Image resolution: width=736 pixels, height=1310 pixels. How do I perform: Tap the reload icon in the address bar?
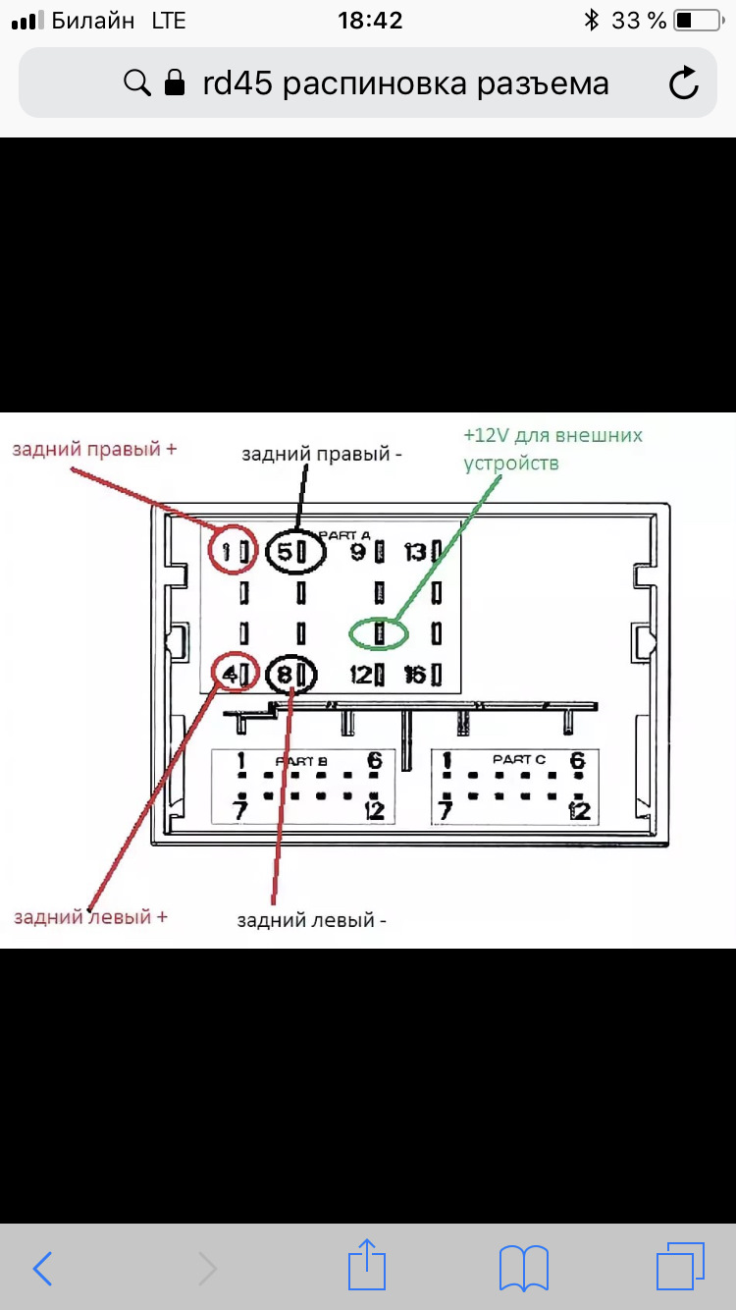684,83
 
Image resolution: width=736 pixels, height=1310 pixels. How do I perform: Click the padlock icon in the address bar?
175,82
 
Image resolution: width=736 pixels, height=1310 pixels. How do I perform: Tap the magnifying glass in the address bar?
136,82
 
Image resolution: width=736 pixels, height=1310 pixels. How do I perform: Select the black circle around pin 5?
291,552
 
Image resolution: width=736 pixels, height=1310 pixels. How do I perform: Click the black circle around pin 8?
291,675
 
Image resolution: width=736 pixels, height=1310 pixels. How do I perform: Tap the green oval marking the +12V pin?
379,633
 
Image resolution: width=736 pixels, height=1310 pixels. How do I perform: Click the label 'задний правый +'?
94,449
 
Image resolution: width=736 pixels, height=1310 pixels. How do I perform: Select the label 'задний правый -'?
323,454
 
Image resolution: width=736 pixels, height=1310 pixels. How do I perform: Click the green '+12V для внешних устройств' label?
552,448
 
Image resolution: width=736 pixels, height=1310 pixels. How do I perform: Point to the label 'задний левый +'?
90,916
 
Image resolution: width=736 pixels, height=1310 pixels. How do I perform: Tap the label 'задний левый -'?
312,920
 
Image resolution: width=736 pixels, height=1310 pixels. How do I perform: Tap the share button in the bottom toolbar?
367,1267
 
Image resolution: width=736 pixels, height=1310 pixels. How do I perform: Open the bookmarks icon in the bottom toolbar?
523,1268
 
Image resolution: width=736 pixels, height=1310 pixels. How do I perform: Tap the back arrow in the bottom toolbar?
43,1268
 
